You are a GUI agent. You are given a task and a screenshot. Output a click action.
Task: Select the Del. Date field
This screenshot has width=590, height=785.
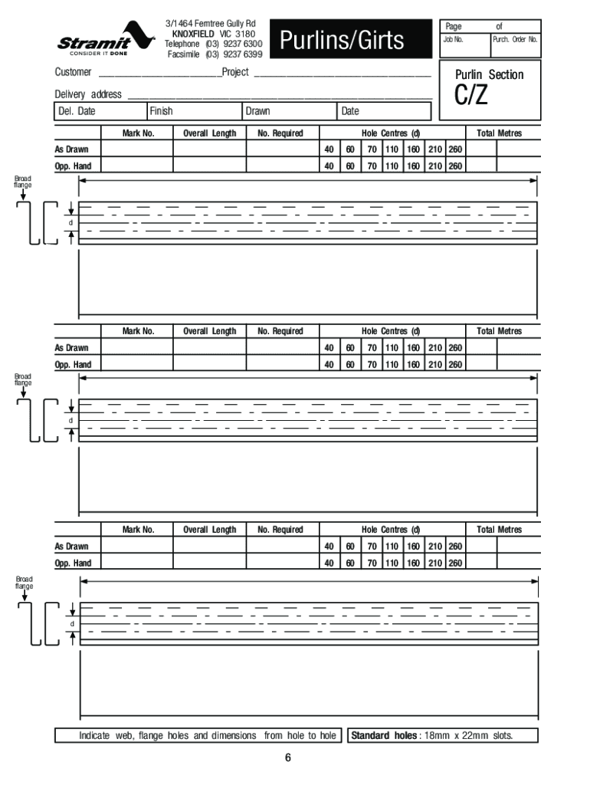click(x=77, y=112)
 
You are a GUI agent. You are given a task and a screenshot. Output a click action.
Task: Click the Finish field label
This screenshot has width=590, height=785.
click(x=161, y=112)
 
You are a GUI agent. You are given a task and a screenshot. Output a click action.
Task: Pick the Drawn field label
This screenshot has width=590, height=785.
click(x=257, y=112)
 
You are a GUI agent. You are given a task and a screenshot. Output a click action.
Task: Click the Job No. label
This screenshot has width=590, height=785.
click(x=453, y=38)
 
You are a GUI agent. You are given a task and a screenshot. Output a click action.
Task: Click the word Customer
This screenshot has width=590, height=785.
click(x=74, y=72)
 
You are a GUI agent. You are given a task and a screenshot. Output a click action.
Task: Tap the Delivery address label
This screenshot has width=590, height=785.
click(x=88, y=94)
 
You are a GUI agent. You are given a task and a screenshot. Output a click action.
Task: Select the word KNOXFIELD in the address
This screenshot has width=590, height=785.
click(x=193, y=34)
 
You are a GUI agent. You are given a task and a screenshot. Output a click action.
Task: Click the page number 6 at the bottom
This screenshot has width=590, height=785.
click(x=288, y=759)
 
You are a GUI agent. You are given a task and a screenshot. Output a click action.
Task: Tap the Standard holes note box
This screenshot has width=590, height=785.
click(x=442, y=736)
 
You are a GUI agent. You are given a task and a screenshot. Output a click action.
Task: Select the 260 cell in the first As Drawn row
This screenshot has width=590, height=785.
click(x=455, y=149)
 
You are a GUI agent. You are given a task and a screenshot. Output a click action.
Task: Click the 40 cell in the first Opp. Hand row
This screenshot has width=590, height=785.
click(x=329, y=166)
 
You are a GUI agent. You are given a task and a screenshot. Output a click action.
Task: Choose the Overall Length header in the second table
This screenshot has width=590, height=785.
click(x=209, y=331)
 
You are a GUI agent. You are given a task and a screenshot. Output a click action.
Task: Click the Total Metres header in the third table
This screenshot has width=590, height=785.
click(x=499, y=530)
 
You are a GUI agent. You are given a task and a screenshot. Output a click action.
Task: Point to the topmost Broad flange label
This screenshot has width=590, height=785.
click(x=23, y=182)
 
